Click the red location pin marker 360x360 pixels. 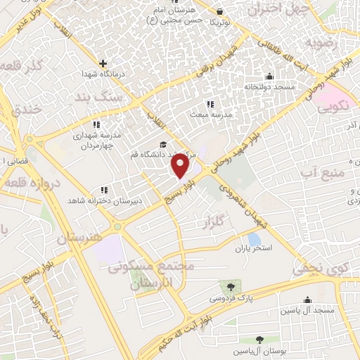coord(180,166)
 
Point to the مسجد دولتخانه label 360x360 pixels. coord(268,87)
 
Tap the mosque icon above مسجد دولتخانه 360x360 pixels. coord(269,77)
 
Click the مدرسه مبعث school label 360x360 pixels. coord(210,113)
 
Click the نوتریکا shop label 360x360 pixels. coord(221,22)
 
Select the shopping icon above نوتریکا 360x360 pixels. coord(221,12)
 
